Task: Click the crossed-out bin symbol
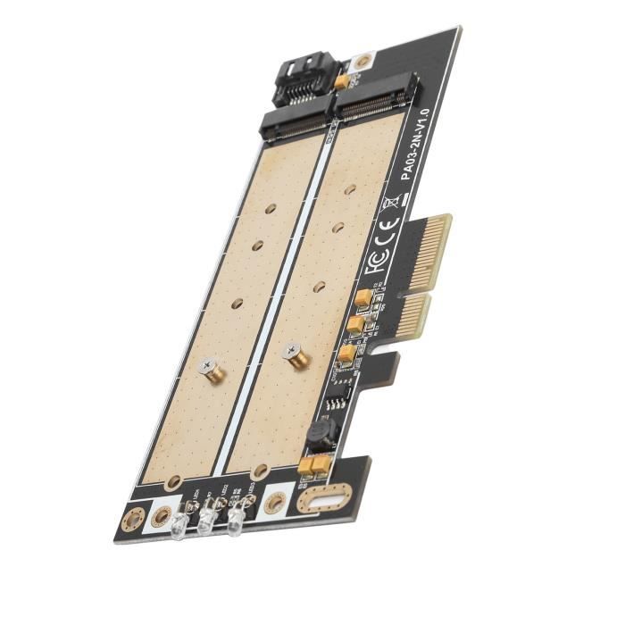[389, 211]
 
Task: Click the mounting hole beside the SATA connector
[361, 63]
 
